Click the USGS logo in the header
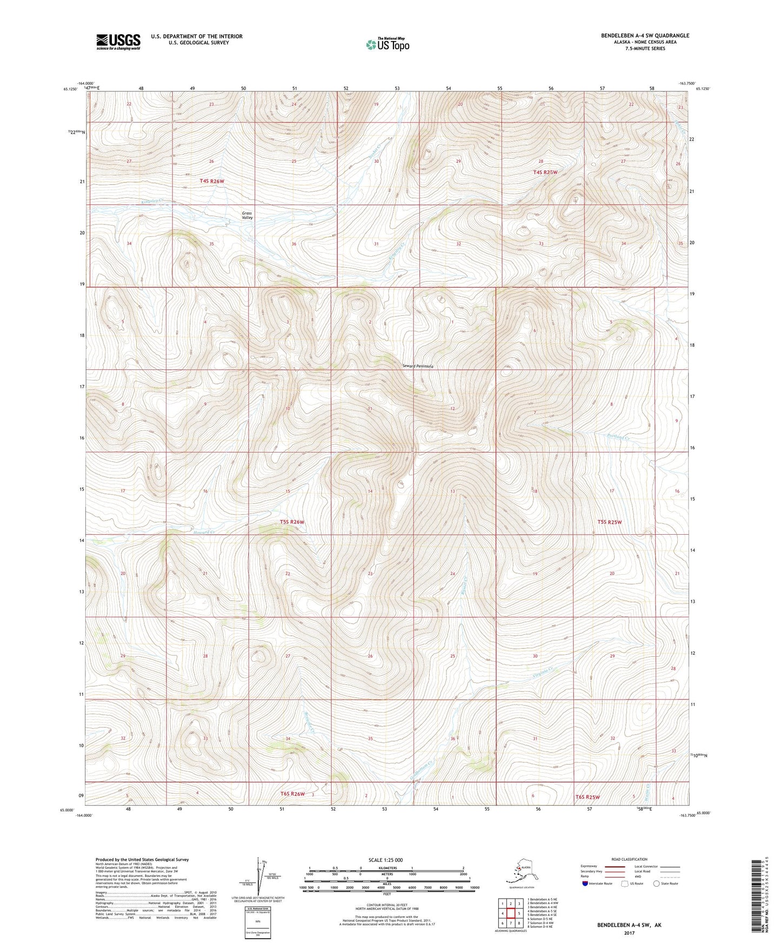tap(118, 41)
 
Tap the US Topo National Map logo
tap(388, 44)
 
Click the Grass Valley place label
tap(247, 215)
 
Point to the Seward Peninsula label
tap(419, 366)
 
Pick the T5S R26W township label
tap(292, 522)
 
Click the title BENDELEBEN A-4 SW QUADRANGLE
tap(645, 36)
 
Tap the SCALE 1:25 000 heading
tap(385, 860)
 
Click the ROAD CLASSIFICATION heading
tap(629, 859)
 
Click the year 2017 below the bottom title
tap(629, 933)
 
